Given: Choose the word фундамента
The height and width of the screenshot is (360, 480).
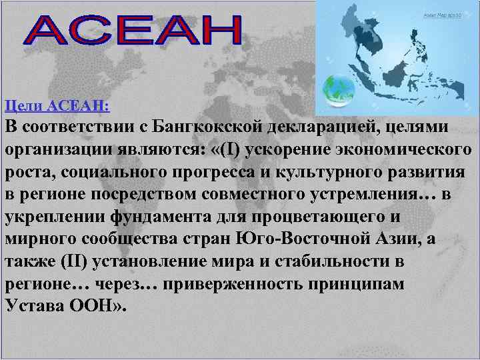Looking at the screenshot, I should (164, 217).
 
